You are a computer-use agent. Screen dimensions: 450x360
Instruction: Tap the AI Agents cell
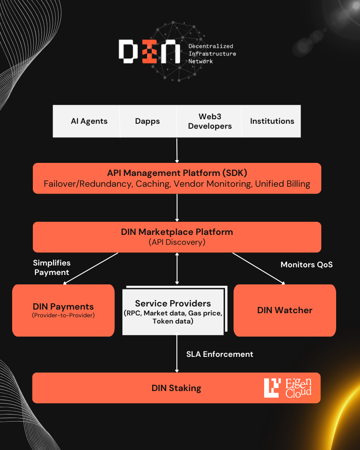click(89, 121)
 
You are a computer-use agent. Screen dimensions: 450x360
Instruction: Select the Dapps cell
click(147, 121)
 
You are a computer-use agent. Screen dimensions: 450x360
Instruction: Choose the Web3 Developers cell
click(210, 121)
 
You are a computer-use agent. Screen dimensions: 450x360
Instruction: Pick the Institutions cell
click(272, 121)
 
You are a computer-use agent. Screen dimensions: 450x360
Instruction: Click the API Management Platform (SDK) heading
click(177, 173)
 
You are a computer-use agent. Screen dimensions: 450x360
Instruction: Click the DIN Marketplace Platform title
click(177, 232)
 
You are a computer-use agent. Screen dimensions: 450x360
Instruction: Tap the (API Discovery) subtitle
click(177, 242)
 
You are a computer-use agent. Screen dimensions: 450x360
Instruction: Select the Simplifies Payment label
click(51, 267)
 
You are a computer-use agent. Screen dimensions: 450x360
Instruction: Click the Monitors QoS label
click(306, 265)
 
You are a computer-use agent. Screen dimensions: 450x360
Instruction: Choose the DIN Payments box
click(63, 310)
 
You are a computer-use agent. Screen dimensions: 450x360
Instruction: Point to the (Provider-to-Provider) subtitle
click(63, 315)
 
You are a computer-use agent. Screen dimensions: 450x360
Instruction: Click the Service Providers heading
click(173, 303)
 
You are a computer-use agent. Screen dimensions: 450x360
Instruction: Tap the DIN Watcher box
click(284, 310)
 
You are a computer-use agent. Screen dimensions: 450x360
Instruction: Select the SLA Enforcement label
click(220, 354)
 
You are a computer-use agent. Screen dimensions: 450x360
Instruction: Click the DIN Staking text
click(176, 388)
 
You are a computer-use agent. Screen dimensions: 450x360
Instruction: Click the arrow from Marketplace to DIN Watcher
click(259, 268)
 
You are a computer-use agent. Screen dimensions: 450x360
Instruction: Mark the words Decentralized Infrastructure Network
click(212, 54)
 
